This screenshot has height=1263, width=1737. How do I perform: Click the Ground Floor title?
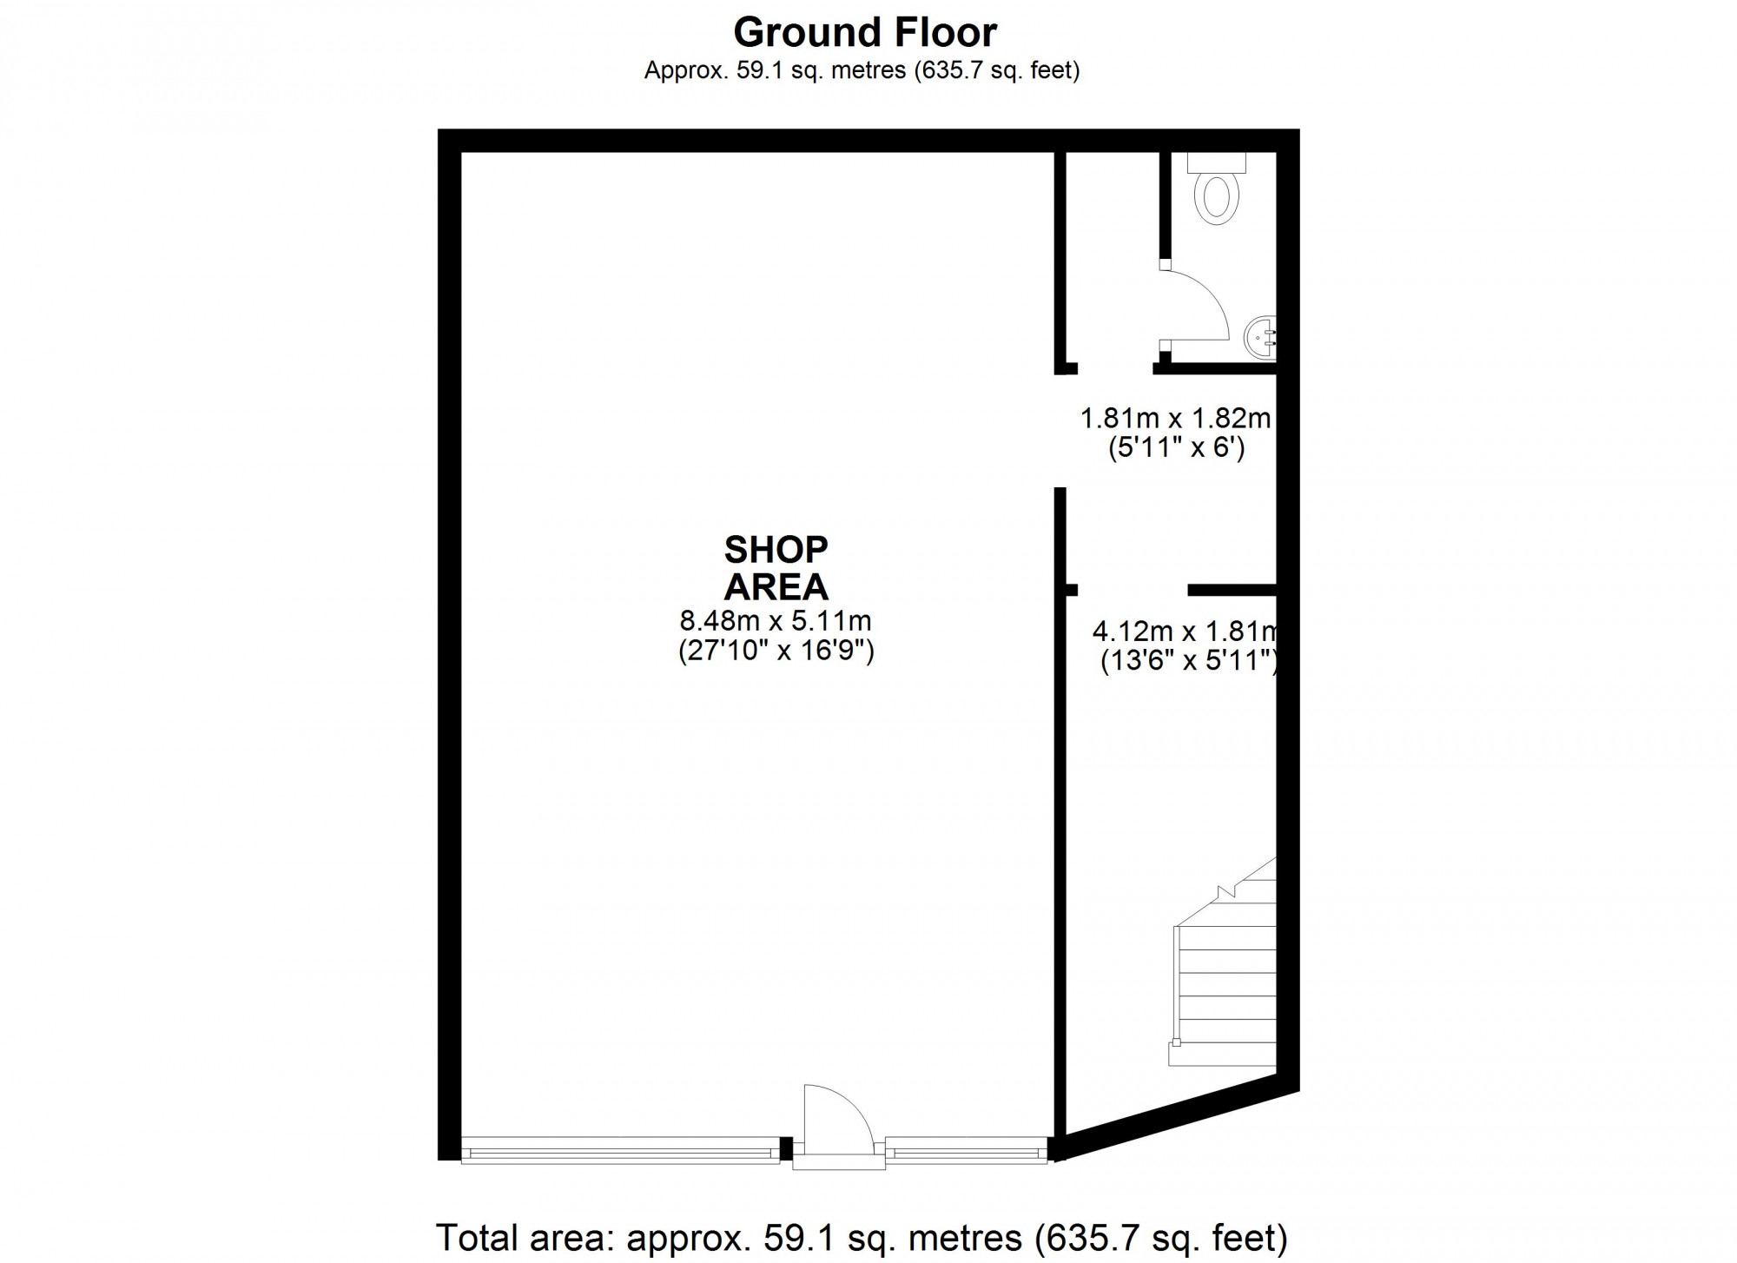coord(865,33)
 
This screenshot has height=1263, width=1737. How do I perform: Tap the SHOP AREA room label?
coord(776,568)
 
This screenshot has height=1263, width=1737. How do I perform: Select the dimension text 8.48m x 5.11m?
coord(776,621)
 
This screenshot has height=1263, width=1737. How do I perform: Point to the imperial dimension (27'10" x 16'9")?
coord(776,651)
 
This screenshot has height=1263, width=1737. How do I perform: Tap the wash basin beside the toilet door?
coord(1260,337)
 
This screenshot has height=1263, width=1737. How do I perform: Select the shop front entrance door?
coord(838,1121)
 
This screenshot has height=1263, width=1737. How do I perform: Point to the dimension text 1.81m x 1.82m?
coord(1175,419)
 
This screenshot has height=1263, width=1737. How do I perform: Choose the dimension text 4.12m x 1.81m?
coord(1185,631)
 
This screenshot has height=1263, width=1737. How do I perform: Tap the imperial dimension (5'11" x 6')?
coord(1177,448)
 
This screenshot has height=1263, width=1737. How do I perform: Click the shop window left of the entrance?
coord(620,1150)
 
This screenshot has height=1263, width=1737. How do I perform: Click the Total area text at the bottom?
coord(862,1237)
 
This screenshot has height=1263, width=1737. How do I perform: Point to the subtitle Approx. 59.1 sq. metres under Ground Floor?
coord(862,70)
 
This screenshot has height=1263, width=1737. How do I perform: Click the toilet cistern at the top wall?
coord(1216,162)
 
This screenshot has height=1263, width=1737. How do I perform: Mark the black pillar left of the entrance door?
coord(787,1148)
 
